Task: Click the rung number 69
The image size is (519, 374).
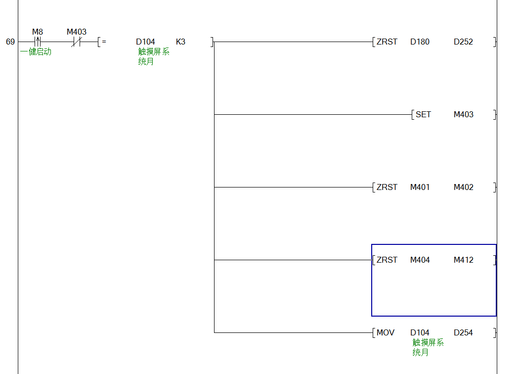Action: [10, 42]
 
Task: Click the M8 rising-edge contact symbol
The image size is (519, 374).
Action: [38, 42]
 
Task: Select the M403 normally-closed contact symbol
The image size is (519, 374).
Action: [76, 42]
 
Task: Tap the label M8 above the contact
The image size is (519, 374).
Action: [38, 32]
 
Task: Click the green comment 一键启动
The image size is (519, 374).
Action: [36, 51]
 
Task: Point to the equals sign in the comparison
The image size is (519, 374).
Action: [104, 42]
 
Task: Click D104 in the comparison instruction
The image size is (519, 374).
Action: [145, 42]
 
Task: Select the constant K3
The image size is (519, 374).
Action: [180, 42]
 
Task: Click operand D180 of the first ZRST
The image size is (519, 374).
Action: [420, 42]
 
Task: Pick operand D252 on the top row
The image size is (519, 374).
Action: [463, 42]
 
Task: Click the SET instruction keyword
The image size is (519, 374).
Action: [423, 115]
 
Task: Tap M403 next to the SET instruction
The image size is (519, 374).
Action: [463, 115]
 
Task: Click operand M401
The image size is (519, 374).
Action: [420, 187]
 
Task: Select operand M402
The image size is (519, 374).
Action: [463, 187]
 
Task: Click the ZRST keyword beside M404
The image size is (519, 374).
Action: [387, 260]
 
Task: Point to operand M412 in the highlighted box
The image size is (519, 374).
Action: [463, 260]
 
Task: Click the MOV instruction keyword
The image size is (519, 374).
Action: [386, 333]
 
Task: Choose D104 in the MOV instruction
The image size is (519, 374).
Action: [420, 333]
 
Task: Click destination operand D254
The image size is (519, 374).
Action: [463, 333]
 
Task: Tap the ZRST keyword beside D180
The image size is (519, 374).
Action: [387, 42]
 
